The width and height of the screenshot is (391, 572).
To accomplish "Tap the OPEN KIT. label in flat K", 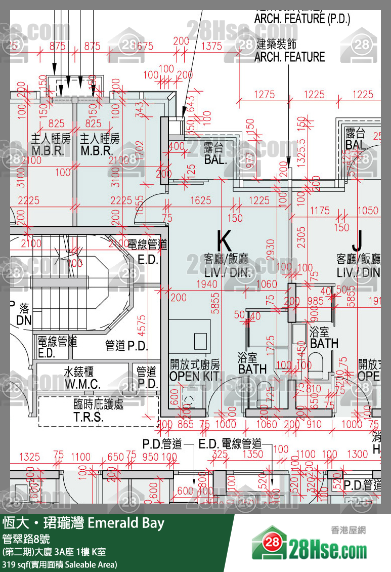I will (195, 377).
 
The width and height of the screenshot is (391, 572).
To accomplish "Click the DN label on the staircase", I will (24, 320).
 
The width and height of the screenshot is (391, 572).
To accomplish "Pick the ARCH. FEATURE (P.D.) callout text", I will (302, 19).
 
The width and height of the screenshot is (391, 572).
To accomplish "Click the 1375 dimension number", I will (211, 46).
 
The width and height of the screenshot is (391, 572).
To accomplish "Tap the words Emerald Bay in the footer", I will (126, 523).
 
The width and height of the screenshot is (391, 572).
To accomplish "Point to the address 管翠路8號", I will (26, 539).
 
